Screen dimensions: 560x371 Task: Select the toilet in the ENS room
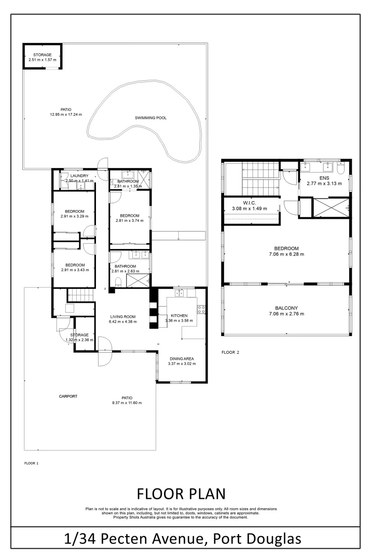tap(340, 169)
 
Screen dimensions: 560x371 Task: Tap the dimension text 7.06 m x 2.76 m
tap(286, 314)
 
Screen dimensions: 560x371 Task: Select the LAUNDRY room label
tap(79, 176)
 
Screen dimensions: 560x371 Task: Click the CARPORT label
tap(68, 396)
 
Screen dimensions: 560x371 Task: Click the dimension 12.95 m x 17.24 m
tap(66, 115)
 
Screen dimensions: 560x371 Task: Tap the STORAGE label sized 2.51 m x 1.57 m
tap(42, 54)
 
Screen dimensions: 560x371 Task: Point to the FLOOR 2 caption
tap(230, 352)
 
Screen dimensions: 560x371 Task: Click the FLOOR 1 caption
tap(32, 463)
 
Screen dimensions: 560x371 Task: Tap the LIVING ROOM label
tap(122, 316)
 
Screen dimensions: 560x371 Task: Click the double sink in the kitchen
tap(180, 293)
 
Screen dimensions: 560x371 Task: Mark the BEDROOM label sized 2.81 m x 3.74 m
tap(129, 216)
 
